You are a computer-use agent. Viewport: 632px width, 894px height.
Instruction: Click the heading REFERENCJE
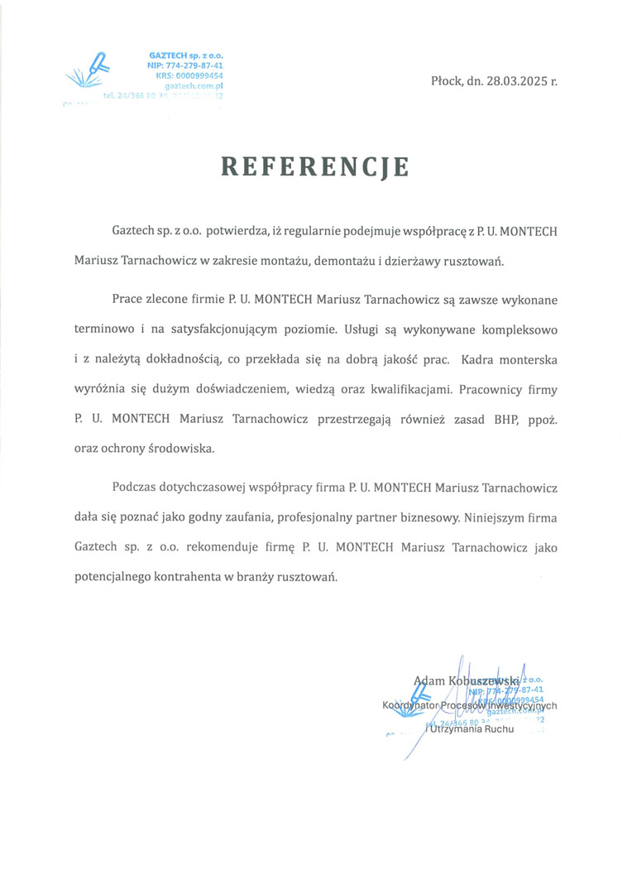(x=315, y=166)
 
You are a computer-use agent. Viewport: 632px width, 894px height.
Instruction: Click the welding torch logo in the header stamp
(x=93, y=70)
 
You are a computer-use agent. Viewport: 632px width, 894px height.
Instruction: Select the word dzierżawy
(x=418, y=259)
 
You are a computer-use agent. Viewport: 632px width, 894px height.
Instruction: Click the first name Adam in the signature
(x=429, y=680)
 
